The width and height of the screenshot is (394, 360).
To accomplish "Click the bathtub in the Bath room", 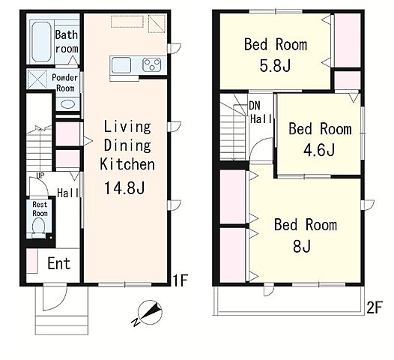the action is click(x=41, y=41).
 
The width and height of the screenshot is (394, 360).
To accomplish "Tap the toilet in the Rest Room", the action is click(x=39, y=227).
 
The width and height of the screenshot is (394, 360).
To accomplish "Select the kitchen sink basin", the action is click(x=121, y=65).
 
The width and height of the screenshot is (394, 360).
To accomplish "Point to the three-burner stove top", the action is click(x=152, y=64).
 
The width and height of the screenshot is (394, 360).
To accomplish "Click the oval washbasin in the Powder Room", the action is click(x=67, y=104).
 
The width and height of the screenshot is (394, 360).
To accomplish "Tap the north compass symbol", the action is click(x=148, y=313).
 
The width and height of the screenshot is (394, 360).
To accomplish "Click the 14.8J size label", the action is click(x=124, y=187).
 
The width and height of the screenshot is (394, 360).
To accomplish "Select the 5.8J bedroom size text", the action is click(x=275, y=66).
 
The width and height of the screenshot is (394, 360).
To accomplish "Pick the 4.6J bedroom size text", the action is click(x=319, y=150).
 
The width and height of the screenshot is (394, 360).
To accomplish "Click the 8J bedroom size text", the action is click(x=302, y=246).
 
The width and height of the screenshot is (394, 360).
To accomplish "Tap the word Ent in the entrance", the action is click(x=59, y=263).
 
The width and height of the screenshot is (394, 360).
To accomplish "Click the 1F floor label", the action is click(x=180, y=280).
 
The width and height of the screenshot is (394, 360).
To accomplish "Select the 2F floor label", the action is click(x=374, y=307).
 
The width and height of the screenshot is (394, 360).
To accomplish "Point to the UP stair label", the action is click(x=40, y=175).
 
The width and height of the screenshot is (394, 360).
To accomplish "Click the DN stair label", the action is click(x=255, y=106).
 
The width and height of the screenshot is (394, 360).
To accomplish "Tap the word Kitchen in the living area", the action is click(x=127, y=164).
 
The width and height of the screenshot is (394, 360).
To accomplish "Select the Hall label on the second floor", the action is click(x=261, y=118).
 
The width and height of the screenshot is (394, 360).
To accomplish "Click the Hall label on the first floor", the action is click(x=68, y=193).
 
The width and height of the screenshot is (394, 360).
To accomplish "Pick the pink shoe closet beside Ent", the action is click(x=31, y=261).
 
